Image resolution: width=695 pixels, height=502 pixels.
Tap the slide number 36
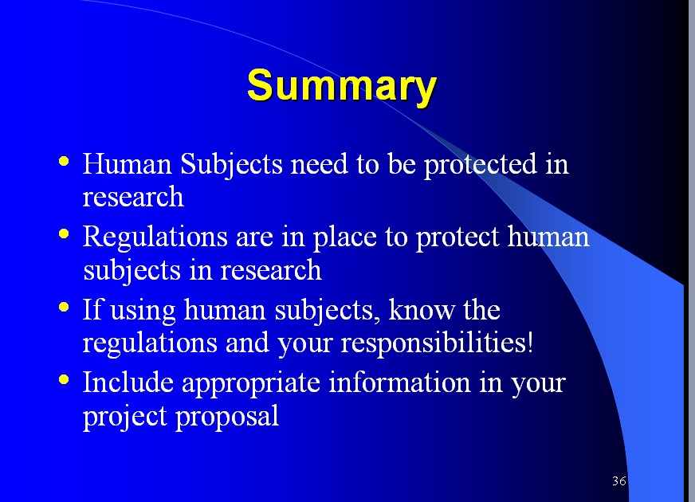click(x=619, y=480)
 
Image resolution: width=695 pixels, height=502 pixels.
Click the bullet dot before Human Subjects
click(x=64, y=161)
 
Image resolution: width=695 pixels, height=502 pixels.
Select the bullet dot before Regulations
click(x=64, y=233)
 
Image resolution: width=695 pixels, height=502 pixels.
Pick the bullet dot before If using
click(x=64, y=307)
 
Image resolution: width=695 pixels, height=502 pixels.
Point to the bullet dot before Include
click(x=64, y=379)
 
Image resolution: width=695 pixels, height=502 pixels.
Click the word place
click(x=345, y=238)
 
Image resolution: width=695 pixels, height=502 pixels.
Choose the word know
click(x=422, y=309)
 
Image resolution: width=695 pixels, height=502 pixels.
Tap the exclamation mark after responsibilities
click(x=530, y=342)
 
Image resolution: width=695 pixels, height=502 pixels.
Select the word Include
click(x=128, y=382)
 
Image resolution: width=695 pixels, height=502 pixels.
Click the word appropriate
click(x=251, y=384)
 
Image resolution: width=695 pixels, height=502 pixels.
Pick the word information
click(x=399, y=382)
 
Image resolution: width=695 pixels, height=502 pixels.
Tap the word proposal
click(x=227, y=418)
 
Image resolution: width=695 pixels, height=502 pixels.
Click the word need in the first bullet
click(x=319, y=163)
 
